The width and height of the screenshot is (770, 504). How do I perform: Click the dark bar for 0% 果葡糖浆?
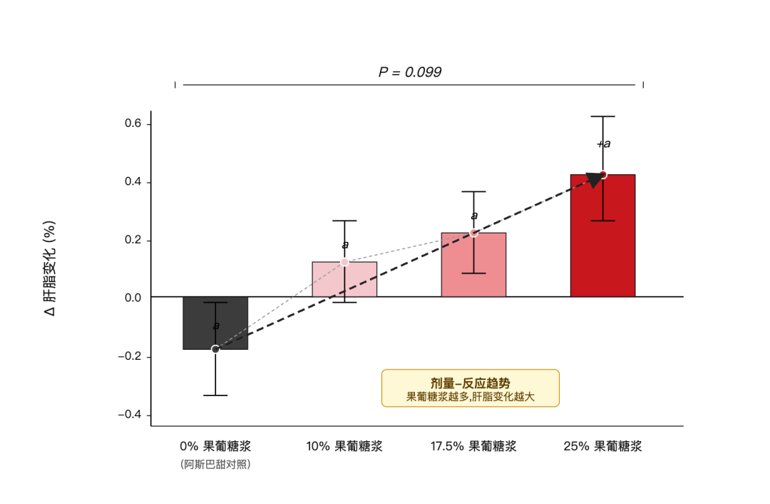(215, 323)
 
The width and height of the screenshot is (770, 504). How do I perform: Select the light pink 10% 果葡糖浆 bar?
(345, 279)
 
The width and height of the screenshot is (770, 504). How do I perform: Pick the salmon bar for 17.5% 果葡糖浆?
(474, 265)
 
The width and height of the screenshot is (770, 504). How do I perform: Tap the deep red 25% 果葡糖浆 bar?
(603, 236)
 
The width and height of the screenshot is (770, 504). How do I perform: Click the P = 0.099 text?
(410, 72)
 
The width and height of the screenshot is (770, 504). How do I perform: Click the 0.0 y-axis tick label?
(133, 298)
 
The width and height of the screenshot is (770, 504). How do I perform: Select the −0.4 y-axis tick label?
(130, 415)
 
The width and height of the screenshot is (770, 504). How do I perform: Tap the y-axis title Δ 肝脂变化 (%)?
(50, 268)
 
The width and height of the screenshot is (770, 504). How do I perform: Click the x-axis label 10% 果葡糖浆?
(344, 446)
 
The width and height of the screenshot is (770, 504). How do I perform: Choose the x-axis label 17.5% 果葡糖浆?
(474, 446)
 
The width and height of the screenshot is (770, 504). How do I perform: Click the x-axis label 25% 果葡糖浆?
(603, 446)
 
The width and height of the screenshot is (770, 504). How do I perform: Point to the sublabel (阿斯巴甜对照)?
(215, 464)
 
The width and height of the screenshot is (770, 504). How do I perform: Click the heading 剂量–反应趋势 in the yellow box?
(471, 383)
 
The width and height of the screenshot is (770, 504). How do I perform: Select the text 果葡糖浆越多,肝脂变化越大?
(471, 397)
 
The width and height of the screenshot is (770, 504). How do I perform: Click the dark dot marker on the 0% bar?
(215, 349)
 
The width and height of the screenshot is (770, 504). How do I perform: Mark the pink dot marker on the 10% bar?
(345, 262)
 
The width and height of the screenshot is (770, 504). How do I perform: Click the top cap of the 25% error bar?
(603, 116)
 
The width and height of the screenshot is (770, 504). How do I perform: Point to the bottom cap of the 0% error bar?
(215, 395)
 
